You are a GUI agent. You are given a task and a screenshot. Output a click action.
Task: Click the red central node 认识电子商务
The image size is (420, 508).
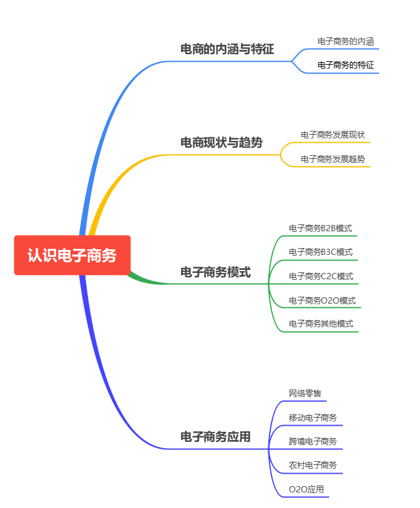pos(72,255)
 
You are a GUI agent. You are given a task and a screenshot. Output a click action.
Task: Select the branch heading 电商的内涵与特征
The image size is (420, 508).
pos(227,49)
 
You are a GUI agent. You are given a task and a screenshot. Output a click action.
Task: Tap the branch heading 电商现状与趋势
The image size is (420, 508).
pos(222,142)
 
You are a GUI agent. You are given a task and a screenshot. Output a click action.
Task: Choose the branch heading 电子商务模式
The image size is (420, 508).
pos(215,272)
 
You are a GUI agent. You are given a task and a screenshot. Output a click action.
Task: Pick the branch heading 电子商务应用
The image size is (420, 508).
pos(215,437)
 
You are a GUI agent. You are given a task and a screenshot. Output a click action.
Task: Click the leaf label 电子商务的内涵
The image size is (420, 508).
pos(346,41)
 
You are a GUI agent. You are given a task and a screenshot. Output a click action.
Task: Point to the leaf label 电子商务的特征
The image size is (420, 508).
pos(346,65)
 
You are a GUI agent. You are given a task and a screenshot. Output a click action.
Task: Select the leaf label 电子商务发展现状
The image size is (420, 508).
pos(333,135)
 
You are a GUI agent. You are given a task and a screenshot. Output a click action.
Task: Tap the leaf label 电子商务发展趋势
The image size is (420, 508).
pos(333,159)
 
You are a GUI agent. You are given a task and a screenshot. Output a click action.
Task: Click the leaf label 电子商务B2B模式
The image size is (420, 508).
pos(320,228)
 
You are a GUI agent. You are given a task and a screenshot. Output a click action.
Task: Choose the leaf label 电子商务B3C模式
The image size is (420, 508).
pos(321,252)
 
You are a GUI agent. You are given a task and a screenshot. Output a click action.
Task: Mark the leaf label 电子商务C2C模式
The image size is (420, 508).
pos(321,276)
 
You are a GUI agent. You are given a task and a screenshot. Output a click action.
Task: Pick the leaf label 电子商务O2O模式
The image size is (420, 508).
pos(322,300)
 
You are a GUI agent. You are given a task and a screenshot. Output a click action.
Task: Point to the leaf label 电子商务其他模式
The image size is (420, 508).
pos(321,323)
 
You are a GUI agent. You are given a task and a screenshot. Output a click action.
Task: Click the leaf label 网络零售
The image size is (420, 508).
pos(305,393)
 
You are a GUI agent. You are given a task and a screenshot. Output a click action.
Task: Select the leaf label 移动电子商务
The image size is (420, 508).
pos(313,418)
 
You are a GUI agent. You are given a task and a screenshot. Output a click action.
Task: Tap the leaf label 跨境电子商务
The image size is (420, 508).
pos(313,441)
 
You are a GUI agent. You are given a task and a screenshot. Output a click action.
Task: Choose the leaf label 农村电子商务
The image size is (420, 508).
pos(313,465)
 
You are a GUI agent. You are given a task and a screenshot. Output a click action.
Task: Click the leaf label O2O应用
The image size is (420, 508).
pos(306,489)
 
